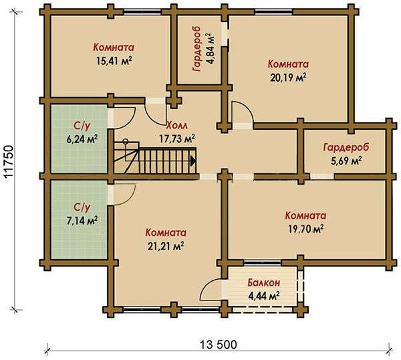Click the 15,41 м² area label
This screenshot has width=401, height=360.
pos(114,60)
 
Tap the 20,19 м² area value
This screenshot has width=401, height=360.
pos(288,78)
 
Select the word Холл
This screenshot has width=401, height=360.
pos(176,126)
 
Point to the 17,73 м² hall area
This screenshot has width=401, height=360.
pos(177,139)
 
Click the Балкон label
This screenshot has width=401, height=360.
pos(264,283)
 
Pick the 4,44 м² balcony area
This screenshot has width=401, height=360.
pos(264,296)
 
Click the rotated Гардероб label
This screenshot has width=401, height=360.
pos(197,49)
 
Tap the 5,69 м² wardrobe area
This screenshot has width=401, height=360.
pos(346,161)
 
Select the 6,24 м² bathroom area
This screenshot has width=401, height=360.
pos(82,139)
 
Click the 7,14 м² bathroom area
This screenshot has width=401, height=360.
pos(82,220)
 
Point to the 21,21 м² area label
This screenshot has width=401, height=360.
pos(166,246)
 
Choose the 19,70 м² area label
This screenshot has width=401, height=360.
pos(306,229)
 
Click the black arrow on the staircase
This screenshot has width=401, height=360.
pos(193,161)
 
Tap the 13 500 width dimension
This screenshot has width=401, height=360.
pos(218,345)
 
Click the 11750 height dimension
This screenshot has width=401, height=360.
pos(9,161)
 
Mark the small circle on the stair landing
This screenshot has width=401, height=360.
pos(126,141)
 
